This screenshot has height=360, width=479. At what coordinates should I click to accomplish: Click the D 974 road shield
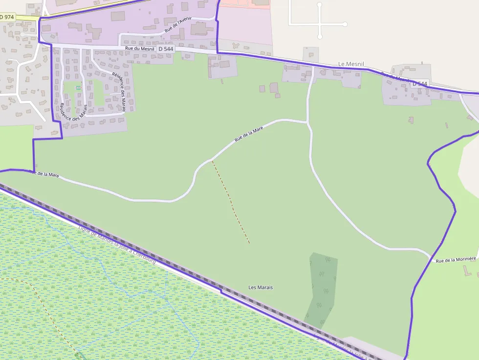[x=7, y=17]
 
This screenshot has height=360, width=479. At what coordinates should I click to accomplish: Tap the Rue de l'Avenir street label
[x=178, y=24]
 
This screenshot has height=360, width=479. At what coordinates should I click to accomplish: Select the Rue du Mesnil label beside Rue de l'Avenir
[x=140, y=48]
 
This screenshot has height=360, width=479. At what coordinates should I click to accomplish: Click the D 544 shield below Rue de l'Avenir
[x=166, y=49]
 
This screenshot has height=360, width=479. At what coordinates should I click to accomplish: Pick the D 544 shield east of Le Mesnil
[x=419, y=84]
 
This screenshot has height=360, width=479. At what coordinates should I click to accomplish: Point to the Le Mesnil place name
[x=351, y=64]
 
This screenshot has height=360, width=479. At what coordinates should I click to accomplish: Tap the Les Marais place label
[x=261, y=287]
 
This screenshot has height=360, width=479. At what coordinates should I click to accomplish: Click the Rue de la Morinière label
[x=456, y=260]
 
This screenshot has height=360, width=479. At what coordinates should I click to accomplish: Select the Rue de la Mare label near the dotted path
[x=249, y=133]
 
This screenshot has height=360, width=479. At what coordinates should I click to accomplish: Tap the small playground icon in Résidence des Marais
[x=78, y=87]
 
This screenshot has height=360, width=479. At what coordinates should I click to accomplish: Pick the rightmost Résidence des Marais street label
[x=119, y=92]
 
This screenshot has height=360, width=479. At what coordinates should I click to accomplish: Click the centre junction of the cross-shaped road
[x=320, y=23]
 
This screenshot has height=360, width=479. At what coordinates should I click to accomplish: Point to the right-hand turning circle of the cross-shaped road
[x=345, y=23]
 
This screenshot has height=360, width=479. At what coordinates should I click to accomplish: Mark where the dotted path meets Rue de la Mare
[x=212, y=160]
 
